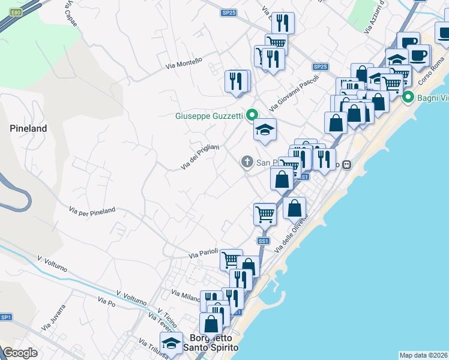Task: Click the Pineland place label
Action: [28, 128]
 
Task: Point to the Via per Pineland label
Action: [92, 211]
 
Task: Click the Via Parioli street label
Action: [202, 255]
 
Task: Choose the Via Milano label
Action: [185, 296]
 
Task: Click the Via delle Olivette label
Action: [291, 233]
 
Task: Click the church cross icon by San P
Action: [246, 161]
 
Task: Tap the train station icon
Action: [346, 164]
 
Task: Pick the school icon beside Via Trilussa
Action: [172, 343]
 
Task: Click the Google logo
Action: [20, 353]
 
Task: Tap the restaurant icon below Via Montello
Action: [237, 81]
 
